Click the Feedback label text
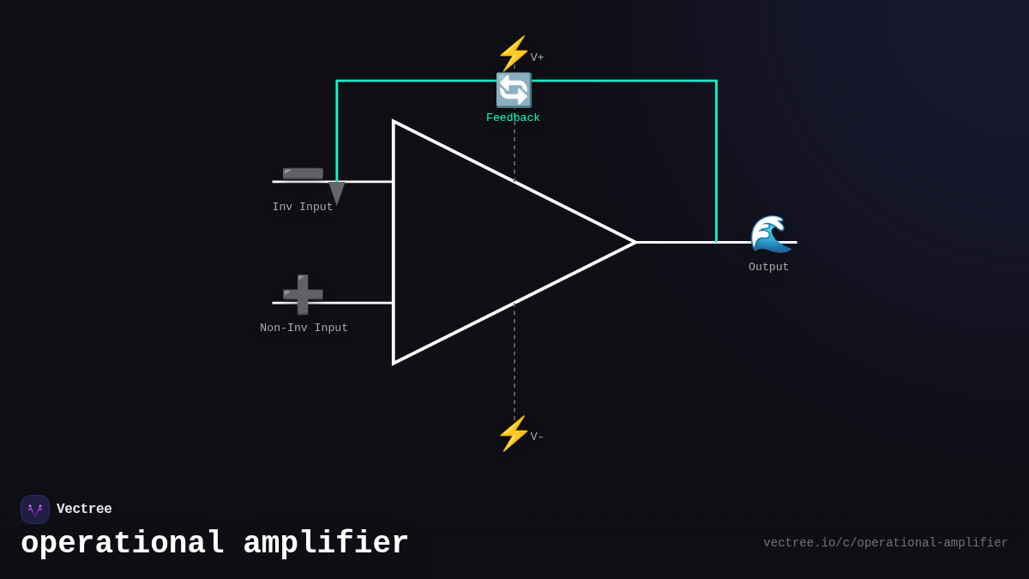(513, 118)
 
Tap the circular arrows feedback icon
(514, 90)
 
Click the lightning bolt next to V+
(514, 53)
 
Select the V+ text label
(537, 58)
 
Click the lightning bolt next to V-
(514, 433)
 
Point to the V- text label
(537, 437)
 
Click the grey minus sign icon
(303, 173)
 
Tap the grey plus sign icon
(303, 294)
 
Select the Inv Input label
(303, 208)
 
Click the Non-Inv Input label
(304, 329)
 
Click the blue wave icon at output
(770, 234)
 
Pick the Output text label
(768, 268)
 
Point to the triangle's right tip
(634, 243)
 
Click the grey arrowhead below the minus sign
(337, 193)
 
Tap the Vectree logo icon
(35, 510)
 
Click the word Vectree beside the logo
(84, 510)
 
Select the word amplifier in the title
(326, 544)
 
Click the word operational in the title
(123, 544)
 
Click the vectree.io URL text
(885, 543)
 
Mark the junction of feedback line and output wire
(716, 243)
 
